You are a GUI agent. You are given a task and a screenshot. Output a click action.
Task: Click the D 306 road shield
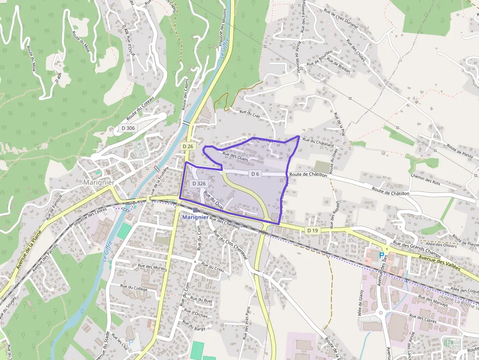coord(127,128)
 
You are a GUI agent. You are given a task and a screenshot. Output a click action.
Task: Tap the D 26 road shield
coord(188,146)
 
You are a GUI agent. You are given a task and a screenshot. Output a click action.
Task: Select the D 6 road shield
coord(255,174)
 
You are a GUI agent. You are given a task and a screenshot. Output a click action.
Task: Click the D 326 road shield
coord(199,183)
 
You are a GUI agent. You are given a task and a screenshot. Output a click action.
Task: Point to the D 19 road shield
coord(313,230)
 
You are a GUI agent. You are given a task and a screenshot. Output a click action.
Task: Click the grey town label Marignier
coord(99,182)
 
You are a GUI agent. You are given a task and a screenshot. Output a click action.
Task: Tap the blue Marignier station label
coord(195,217)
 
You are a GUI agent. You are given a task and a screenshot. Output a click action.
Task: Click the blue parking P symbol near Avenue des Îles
coord(382,255)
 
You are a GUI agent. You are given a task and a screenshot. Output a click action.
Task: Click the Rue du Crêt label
coord(249,113)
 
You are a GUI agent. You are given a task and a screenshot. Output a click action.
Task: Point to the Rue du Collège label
coord(134,288)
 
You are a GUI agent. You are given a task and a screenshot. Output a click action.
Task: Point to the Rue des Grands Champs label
coord(410,249)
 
